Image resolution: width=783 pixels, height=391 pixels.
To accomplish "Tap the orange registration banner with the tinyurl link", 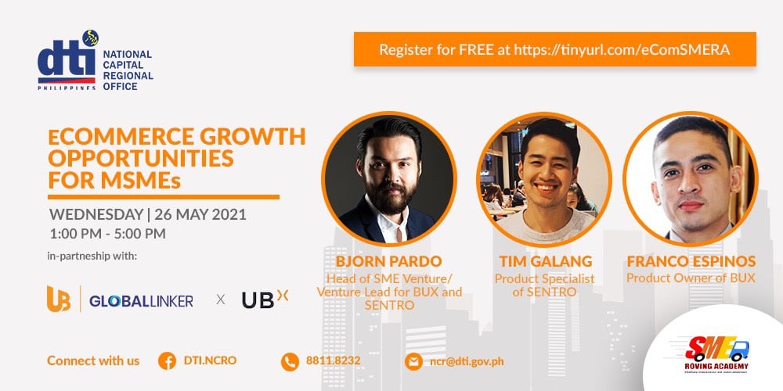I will (554, 49).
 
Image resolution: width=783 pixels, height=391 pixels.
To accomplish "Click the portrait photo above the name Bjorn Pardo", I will (388, 178).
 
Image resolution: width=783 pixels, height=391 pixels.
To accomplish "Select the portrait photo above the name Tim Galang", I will (544, 178).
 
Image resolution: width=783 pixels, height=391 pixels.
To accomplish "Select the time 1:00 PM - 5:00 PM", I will (107, 233).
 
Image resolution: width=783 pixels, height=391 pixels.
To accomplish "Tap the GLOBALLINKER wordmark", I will (141, 300).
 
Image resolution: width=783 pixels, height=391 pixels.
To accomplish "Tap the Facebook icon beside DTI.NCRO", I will (166, 361).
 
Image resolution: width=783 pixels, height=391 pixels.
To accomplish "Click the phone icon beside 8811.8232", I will (290, 361).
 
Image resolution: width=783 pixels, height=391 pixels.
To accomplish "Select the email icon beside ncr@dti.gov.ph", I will (413, 361).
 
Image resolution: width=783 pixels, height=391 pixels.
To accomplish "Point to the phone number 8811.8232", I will (333, 361).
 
